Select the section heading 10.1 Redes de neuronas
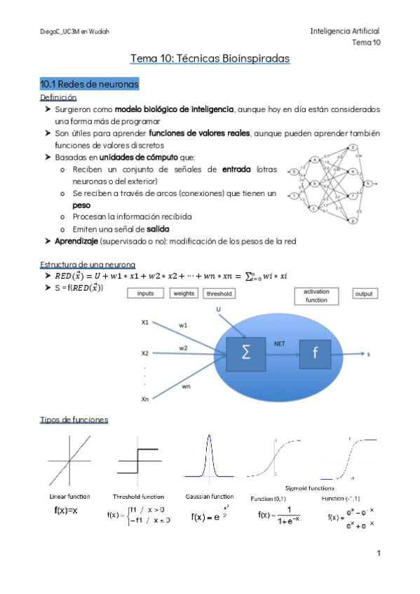click(90, 84)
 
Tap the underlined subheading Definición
click(58, 97)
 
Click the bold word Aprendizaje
click(76, 241)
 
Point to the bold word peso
click(81, 205)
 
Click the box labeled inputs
click(146, 293)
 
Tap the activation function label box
click(316, 295)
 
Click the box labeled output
click(363, 293)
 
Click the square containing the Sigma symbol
click(246, 353)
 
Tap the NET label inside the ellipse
click(279, 344)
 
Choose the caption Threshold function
click(138, 497)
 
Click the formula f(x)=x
click(66, 511)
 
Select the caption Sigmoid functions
click(309, 488)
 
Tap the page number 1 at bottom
click(378, 553)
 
